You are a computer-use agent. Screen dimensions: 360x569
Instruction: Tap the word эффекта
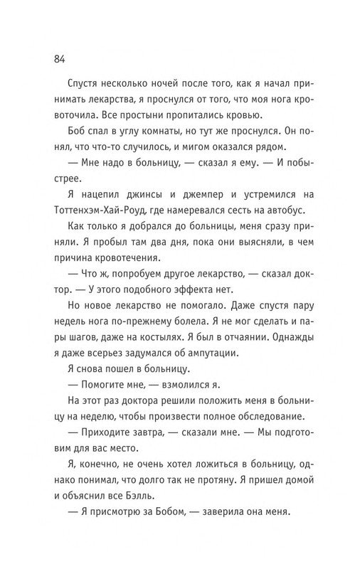[x=184, y=294]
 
